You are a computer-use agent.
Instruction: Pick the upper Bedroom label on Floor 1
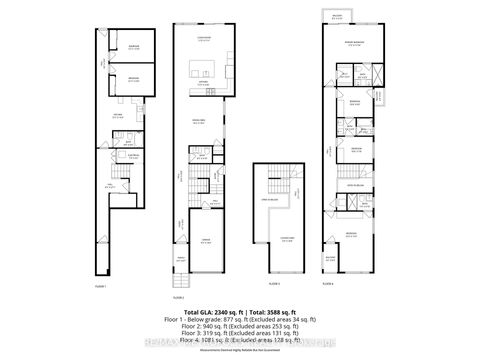point(133,45)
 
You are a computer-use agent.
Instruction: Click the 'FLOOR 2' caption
point(179,297)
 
